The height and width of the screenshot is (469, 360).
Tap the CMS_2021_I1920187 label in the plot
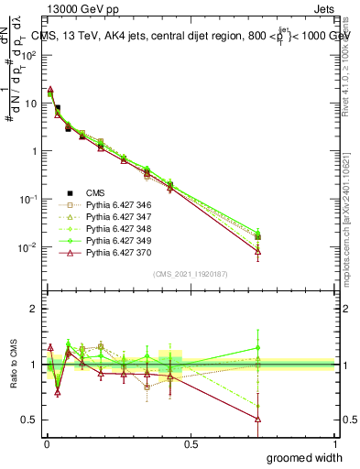(x=190, y=274)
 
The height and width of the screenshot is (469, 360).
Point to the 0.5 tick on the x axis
(x=191, y=442)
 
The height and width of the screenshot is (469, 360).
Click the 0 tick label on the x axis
(x=47, y=442)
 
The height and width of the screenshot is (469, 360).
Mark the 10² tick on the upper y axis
(x=31, y=55)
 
